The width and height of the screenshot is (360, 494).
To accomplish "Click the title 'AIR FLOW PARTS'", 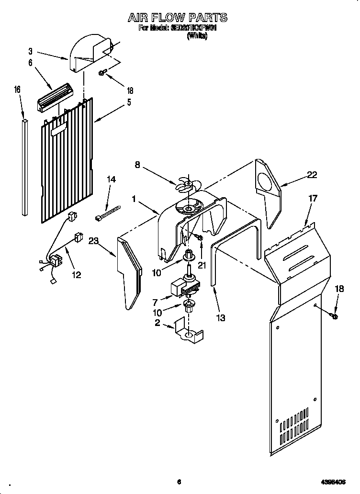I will pos(177,18).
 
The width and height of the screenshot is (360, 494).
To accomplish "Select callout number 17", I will pos(313,198).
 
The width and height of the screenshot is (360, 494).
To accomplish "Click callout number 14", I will pos(111,179).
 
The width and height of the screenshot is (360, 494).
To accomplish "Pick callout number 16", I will pos(17,90).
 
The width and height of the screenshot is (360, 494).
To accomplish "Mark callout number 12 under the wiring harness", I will pos(76,275).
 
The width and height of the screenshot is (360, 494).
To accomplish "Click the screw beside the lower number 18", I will pos(334,316).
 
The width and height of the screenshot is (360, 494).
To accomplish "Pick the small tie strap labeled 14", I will pos(107,212).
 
